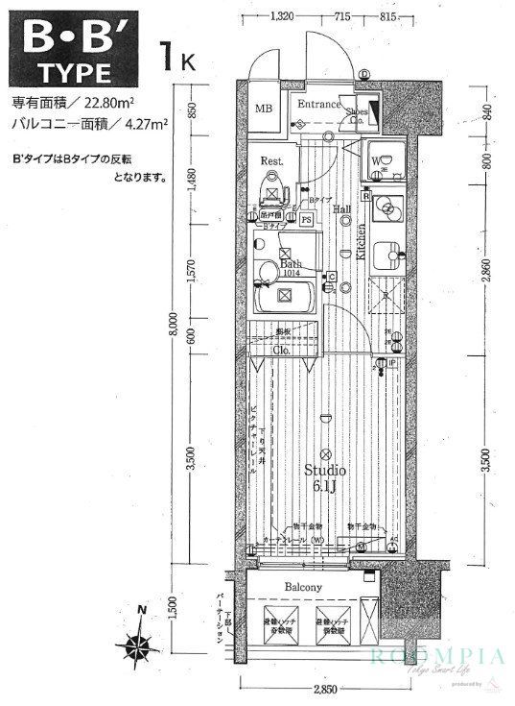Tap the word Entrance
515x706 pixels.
[x=317, y=104]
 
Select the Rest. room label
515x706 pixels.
[x=272, y=161]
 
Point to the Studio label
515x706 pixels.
[x=324, y=470]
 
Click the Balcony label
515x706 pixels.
[x=302, y=587]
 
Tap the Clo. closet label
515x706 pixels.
[x=282, y=351]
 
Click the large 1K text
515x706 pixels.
[x=180, y=58]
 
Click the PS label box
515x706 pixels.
[x=306, y=219]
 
